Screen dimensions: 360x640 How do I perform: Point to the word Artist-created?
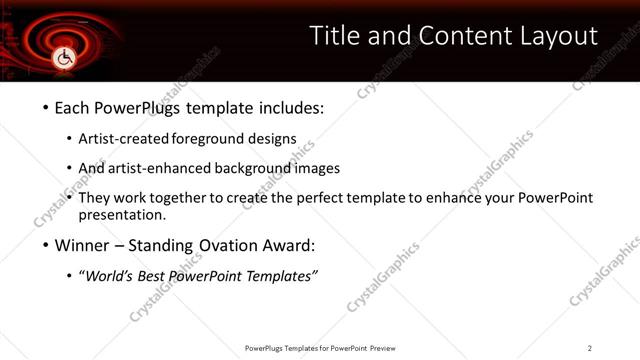tap(124, 138)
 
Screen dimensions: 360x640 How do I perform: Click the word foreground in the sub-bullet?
tap(209, 138)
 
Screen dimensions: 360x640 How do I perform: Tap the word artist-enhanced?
tap(159, 168)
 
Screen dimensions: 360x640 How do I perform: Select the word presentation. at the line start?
tap(121, 215)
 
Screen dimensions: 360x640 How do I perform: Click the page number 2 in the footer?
tap(590, 348)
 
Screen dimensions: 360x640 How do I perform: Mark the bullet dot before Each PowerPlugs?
tap(45, 106)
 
